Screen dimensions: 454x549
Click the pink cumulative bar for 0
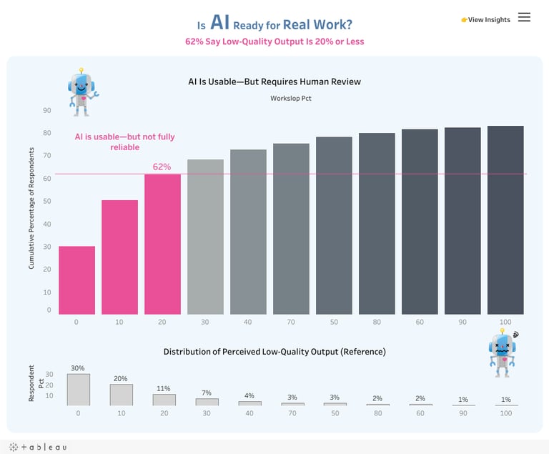[x=76, y=280]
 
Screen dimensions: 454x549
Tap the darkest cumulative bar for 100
[x=505, y=220]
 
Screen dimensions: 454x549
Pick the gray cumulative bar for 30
[x=205, y=237]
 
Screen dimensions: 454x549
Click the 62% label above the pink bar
[x=162, y=167]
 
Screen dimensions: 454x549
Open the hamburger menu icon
[x=524, y=18]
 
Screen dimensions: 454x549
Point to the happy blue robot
[x=81, y=92]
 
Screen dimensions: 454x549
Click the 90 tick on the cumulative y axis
[x=46, y=110]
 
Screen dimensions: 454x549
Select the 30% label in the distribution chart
[x=78, y=368]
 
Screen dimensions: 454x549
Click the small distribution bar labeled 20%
[x=121, y=395]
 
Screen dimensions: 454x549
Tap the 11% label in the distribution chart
[x=164, y=388]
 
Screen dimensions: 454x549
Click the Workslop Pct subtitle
[x=290, y=98]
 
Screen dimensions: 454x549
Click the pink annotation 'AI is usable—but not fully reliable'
[x=125, y=142]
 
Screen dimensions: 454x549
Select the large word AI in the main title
[x=220, y=23]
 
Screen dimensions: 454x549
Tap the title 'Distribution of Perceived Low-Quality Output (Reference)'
[x=274, y=352]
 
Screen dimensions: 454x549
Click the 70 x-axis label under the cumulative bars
[x=290, y=322]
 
